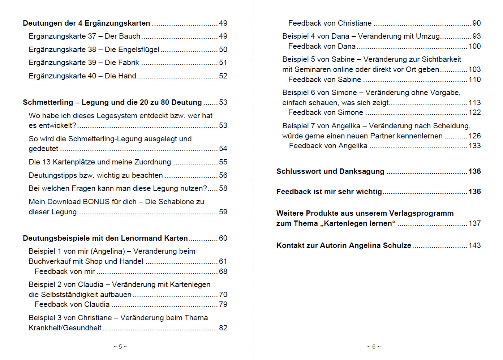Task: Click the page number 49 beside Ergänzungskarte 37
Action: [x=223, y=37]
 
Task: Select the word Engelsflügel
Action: [x=139, y=50]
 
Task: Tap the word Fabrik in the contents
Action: [x=129, y=63]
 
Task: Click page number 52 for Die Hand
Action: [x=223, y=76]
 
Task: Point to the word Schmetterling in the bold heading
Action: [x=48, y=103]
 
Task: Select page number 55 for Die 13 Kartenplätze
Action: [x=223, y=162]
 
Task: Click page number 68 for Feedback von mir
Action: [x=223, y=272]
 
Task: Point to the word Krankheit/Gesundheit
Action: [x=65, y=328]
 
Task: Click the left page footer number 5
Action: [x=120, y=347]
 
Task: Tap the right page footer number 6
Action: [x=374, y=347]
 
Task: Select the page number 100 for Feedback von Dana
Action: [x=474, y=47]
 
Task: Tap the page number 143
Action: [x=474, y=246]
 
